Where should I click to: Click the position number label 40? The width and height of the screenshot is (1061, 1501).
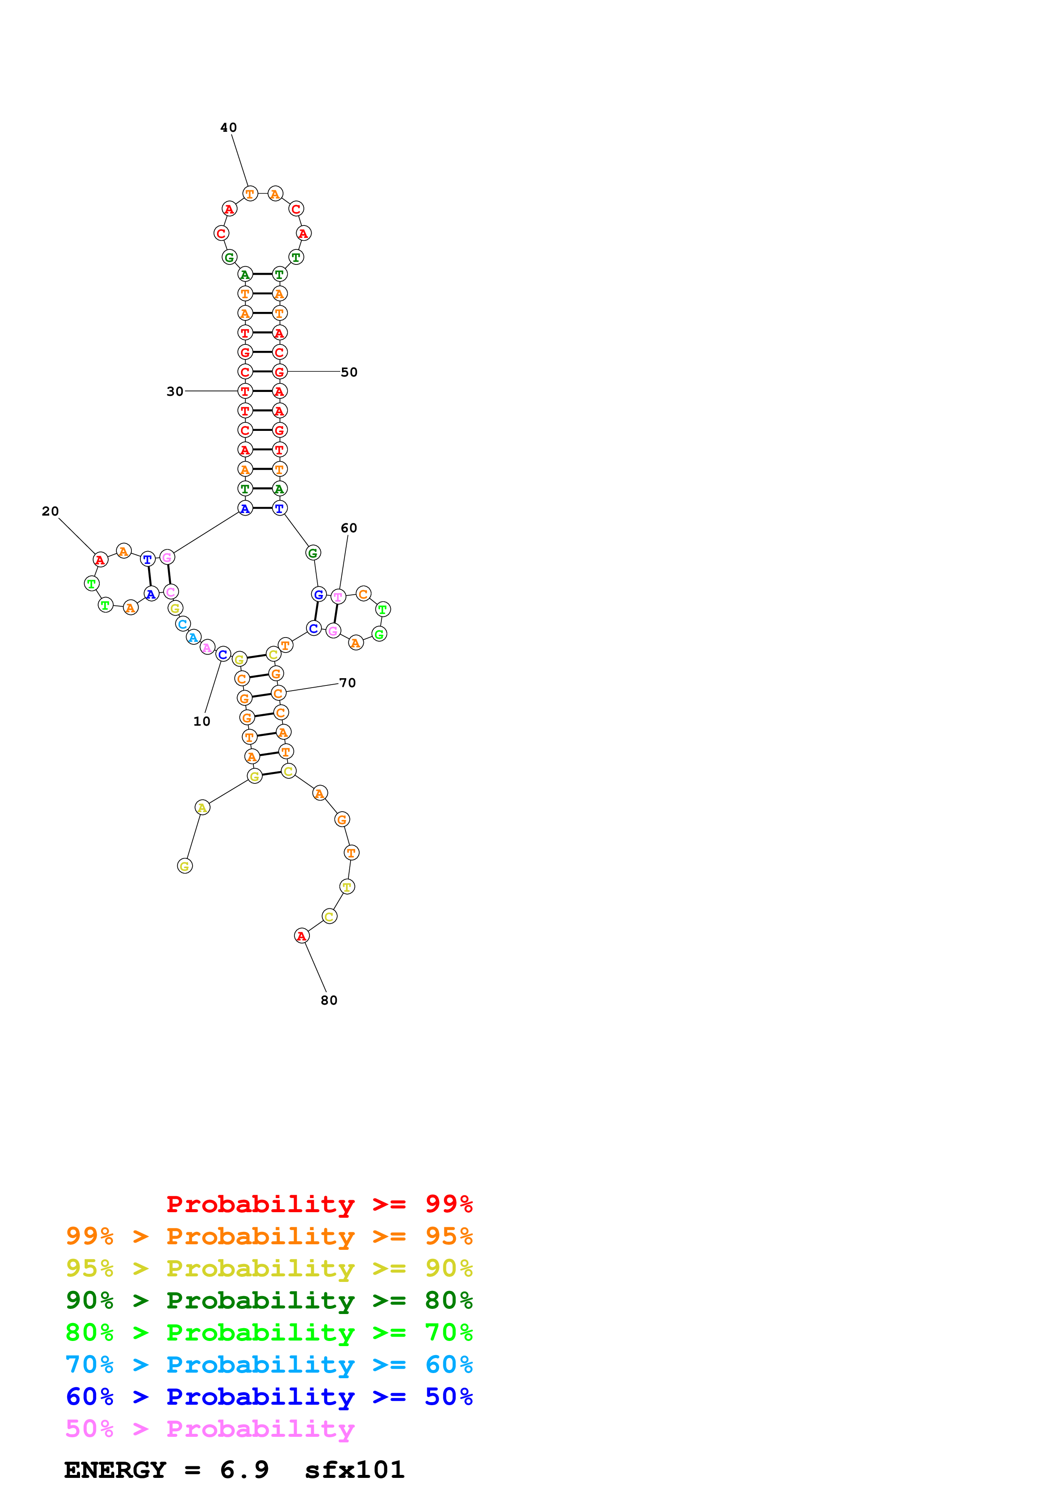click(x=228, y=128)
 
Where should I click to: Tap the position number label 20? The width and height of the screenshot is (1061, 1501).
click(x=51, y=511)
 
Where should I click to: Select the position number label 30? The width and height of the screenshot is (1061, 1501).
click(x=175, y=392)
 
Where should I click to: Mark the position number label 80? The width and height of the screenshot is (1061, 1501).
click(x=329, y=1001)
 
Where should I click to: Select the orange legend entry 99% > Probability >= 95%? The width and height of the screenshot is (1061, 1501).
click(x=269, y=1236)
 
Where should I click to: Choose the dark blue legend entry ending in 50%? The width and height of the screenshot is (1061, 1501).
click(x=269, y=1397)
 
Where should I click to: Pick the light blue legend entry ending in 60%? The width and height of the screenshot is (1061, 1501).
click(x=269, y=1365)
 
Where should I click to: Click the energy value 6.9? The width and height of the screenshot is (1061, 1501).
click(x=244, y=1470)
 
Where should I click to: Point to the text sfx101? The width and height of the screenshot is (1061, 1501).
click(x=354, y=1470)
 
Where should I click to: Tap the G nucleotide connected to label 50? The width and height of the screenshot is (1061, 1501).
click(x=279, y=372)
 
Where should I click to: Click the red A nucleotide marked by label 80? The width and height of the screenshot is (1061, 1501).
click(x=301, y=936)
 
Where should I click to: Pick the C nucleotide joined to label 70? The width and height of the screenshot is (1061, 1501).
click(x=279, y=693)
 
